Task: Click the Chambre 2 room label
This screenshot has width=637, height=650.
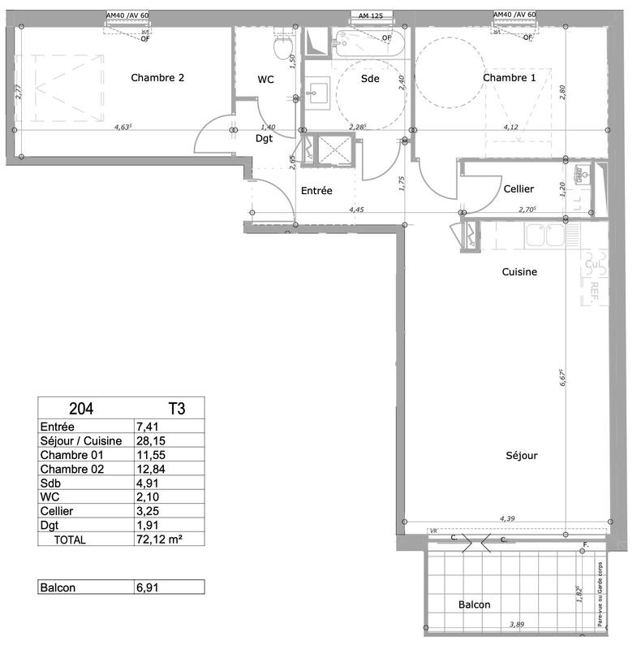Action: (157, 78)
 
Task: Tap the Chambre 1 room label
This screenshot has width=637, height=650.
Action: (509, 78)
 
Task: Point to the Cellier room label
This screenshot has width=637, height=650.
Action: (519, 188)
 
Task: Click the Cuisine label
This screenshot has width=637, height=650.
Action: (519, 272)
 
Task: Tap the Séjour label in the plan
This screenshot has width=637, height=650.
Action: (519, 456)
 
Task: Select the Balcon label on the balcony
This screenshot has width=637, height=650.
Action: (474, 605)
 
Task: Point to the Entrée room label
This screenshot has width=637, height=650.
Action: (316, 191)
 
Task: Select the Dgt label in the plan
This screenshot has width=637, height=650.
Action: (264, 139)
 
